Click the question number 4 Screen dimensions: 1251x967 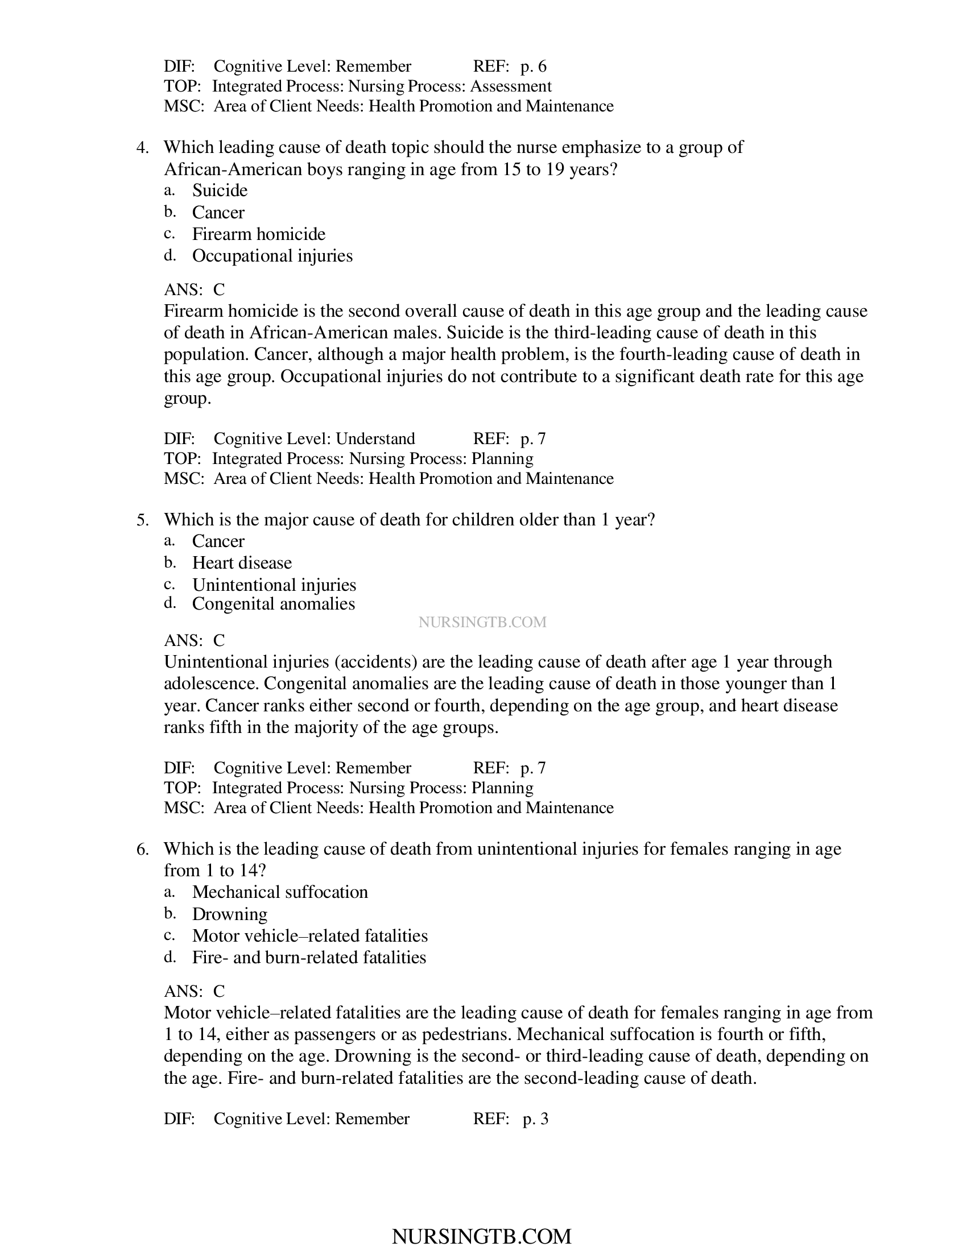coord(142,148)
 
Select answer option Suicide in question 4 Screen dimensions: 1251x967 coord(220,190)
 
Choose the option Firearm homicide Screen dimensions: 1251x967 coord(258,234)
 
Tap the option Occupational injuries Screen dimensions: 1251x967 coord(272,255)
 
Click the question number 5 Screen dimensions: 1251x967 coord(142,520)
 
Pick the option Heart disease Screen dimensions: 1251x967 coord(242,562)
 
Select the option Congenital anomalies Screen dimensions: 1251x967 coord(273,604)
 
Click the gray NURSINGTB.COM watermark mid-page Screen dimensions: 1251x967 coord(482,622)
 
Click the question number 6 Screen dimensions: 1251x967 coord(142,849)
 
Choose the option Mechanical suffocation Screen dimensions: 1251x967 coord(279,892)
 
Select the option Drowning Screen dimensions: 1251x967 coord(230,914)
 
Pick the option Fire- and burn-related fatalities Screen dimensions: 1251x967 coord(309,957)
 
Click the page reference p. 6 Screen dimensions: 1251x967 coord(534,67)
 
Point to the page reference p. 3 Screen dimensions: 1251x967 coord(535,1119)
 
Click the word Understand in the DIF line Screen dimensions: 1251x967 coord(375,439)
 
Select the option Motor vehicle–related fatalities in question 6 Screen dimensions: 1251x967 coord(310,935)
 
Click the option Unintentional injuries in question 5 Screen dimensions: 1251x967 coord(274,585)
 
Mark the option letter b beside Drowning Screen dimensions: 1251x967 coord(170,913)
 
